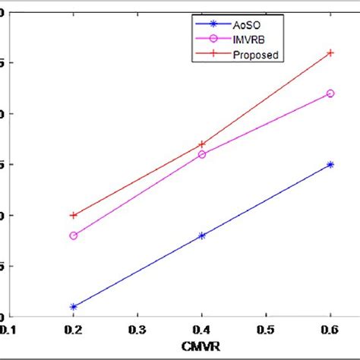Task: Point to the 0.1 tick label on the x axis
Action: (x=9, y=330)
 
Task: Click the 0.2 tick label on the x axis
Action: (x=74, y=330)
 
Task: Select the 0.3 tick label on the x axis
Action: (x=137, y=330)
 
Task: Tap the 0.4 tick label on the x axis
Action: (x=202, y=330)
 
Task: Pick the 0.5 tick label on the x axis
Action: (x=266, y=330)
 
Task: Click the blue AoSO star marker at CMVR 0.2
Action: (x=74, y=307)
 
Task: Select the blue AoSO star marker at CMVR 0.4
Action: (x=202, y=235)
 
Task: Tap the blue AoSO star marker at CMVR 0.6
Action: (x=330, y=164)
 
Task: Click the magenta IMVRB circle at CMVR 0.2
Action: (x=74, y=235)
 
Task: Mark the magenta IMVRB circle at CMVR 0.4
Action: (x=202, y=154)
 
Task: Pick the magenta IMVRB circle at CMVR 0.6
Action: (x=330, y=93)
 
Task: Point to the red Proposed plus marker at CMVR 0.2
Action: (x=74, y=215)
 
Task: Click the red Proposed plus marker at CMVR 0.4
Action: (x=202, y=144)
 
